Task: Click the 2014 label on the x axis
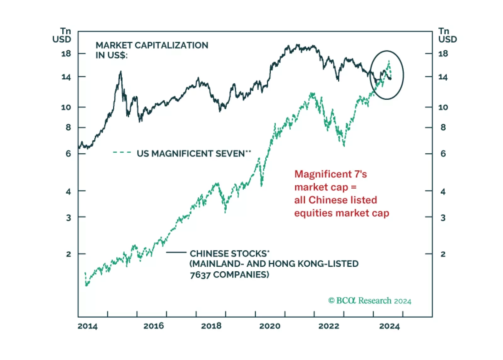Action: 88,326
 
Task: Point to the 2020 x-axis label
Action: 270,326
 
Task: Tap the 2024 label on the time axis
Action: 389,326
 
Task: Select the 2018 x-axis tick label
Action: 211,326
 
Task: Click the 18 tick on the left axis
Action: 66,54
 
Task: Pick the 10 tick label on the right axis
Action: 443,107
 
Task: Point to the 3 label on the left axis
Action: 68,218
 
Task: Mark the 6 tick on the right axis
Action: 443,154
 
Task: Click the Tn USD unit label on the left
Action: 62,35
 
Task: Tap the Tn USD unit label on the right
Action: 447,35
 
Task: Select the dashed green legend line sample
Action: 122,153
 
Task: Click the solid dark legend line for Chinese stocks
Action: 176,252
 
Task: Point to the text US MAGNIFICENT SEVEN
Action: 191,154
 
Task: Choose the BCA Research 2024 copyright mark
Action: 370,301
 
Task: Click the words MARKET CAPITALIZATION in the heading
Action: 152,45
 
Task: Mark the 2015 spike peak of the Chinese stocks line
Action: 121,72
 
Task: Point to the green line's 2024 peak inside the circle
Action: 389,61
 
